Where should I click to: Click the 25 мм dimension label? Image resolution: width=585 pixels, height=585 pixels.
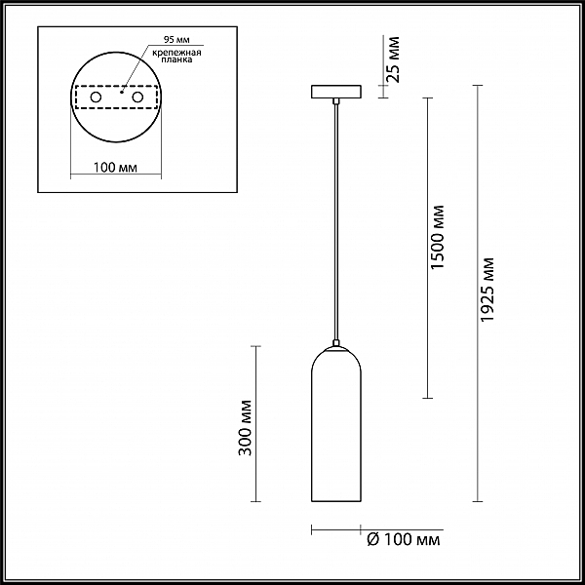tap(394, 59)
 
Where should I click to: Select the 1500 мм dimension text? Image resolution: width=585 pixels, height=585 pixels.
tap(437, 237)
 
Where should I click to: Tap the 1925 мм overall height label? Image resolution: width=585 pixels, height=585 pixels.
tap(487, 290)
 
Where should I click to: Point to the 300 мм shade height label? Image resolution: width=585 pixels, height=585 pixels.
tap(245, 428)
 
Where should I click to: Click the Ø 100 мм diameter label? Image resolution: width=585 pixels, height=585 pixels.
tap(404, 539)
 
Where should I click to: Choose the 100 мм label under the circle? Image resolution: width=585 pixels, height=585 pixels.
tap(115, 168)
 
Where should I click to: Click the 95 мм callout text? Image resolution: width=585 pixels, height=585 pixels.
tap(176, 40)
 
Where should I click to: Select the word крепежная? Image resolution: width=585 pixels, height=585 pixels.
tap(176, 53)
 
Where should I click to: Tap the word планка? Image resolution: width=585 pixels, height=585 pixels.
tap(176, 59)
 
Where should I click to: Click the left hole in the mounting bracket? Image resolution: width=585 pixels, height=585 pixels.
tap(96, 97)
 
